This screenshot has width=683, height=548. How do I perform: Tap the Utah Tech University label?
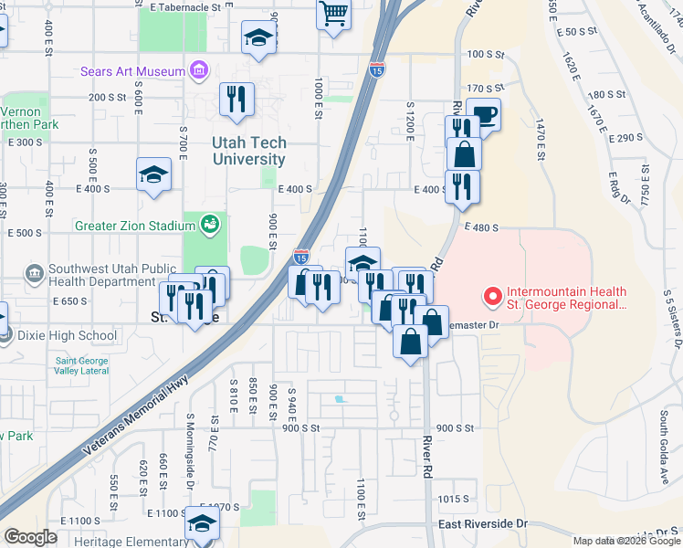pyautogui.click(x=249, y=151)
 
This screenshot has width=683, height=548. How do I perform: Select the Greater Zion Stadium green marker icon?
pyautogui.click(x=211, y=223)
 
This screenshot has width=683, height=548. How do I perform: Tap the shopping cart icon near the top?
pyautogui.click(x=334, y=14)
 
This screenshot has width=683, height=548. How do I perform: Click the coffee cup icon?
pyautogui.click(x=484, y=115)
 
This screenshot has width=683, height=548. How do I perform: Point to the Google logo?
pyautogui.click(x=31, y=536)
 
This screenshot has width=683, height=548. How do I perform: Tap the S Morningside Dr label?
pyautogui.click(x=191, y=448)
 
